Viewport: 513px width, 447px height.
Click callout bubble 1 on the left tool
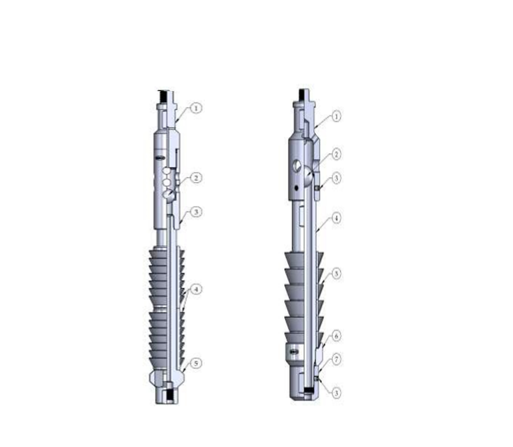pos(195,108)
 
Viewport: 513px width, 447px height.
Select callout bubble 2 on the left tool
pos(195,178)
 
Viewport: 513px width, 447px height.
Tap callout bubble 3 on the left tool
pos(195,212)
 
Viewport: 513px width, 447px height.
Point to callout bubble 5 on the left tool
pos(195,363)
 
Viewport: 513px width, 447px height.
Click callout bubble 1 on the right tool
pos(337,116)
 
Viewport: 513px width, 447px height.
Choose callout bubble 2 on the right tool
pos(337,154)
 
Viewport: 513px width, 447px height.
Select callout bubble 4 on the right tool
pos(337,217)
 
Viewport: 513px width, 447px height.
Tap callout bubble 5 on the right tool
pos(337,274)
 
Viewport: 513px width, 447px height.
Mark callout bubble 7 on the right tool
pos(337,359)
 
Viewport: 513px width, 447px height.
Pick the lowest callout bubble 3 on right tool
pos(337,391)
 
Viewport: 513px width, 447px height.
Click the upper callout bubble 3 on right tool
pos(337,178)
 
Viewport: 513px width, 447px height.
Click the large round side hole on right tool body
pos(296,167)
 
